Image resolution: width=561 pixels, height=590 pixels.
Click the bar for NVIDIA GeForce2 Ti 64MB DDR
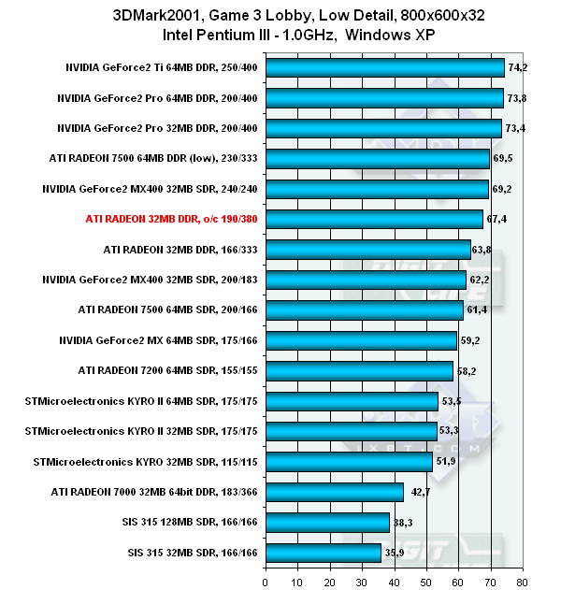385,67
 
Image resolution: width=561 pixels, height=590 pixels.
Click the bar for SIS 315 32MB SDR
324,553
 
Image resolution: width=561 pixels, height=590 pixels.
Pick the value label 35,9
396,553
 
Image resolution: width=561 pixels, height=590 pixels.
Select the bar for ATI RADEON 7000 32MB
335,492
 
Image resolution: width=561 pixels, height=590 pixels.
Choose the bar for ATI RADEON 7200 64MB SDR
360,371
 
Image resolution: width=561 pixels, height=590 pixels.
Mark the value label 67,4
497,219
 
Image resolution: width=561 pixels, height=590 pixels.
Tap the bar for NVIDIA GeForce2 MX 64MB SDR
362,340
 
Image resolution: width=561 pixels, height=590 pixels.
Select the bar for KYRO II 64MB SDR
352,401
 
